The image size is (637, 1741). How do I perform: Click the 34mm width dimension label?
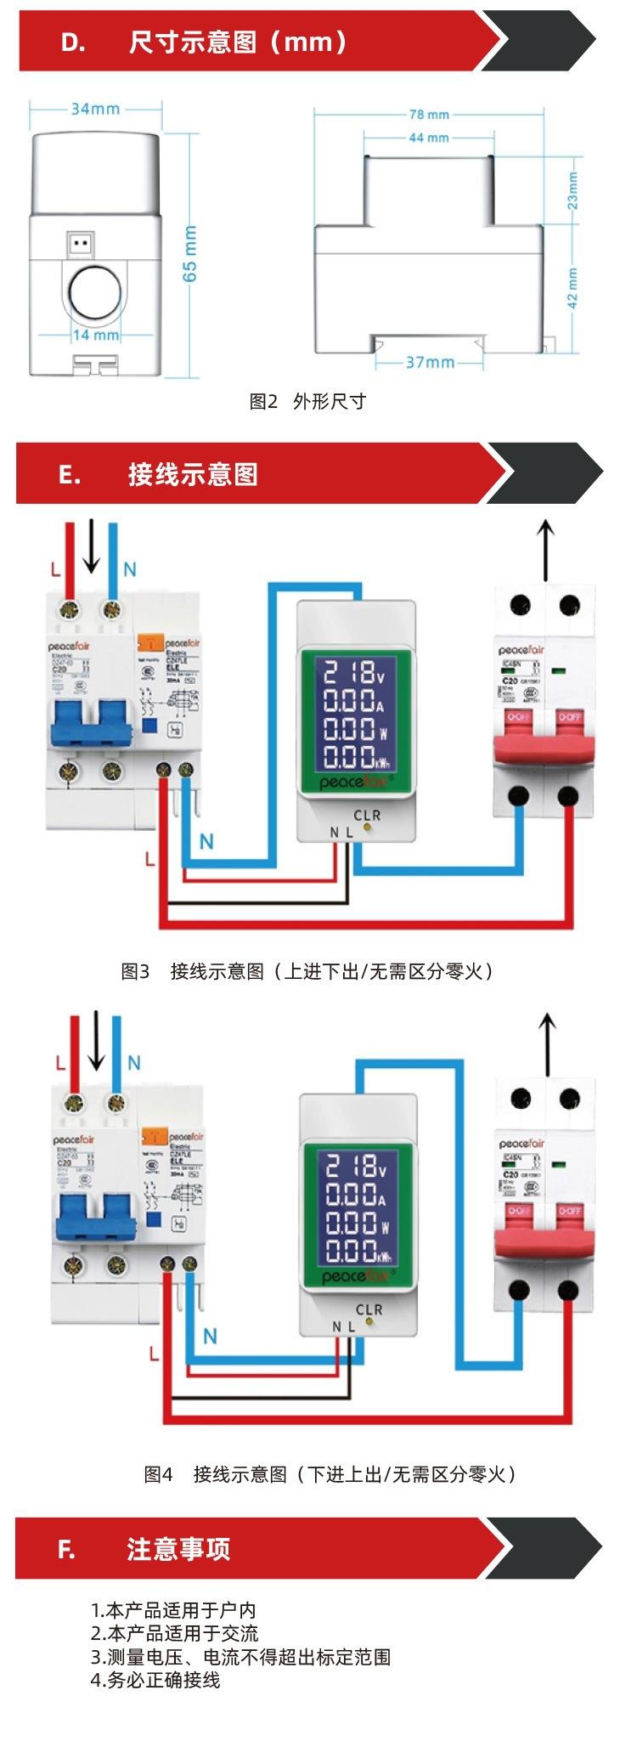[x=95, y=109]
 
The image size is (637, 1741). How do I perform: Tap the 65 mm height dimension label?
[x=189, y=252]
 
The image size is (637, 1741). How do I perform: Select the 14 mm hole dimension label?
[x=95, y=335]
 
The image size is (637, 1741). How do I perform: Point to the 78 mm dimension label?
[x=429, y=115]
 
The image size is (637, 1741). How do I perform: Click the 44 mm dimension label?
[x=429, y=138]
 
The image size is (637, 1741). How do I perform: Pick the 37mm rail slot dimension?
[x=430, y=362]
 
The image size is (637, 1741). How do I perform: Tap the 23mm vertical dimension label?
[x=573, y=190]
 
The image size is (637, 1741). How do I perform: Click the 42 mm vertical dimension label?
[x=573, y=289]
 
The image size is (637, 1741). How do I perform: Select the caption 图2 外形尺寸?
[x=307, y=401]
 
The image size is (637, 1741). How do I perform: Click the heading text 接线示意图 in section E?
[x=193, y=474]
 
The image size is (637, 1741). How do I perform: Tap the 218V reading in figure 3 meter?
[x=354, y=673]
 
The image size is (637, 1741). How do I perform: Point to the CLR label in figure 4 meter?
[x=369, y=1309]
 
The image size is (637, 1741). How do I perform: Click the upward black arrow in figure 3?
[x=546, y=552]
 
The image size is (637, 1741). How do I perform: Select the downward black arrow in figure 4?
[x=97, y=1042]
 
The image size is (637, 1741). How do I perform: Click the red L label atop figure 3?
[x=55, y=569]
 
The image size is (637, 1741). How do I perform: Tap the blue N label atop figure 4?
[x=134, y=1062]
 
